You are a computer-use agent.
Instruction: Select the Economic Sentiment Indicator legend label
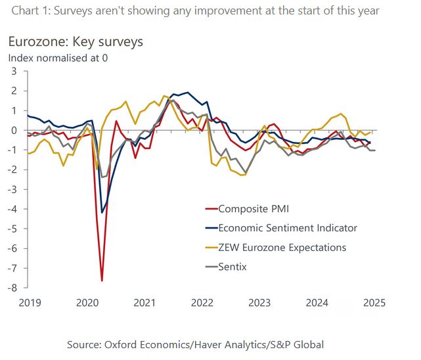click(288, 228)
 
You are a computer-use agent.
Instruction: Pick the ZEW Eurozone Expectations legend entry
click(282, 248)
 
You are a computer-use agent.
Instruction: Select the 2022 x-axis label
click(202, 303)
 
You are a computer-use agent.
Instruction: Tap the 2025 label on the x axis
click(374, 303)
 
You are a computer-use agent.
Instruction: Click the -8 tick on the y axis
click(11, 288)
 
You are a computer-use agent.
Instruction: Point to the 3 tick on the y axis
click(14, 71)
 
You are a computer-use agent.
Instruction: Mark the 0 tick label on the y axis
click(14, 130)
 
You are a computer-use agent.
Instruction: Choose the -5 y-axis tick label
click(11, 229)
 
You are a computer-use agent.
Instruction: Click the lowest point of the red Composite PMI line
click(102, 281)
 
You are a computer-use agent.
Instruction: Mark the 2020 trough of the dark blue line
click(102, 212)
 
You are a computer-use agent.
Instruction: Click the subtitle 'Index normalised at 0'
click(58, 57)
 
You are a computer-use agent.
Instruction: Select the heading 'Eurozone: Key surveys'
click(76, 42)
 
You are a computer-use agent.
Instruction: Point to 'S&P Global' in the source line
click(299, 344)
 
